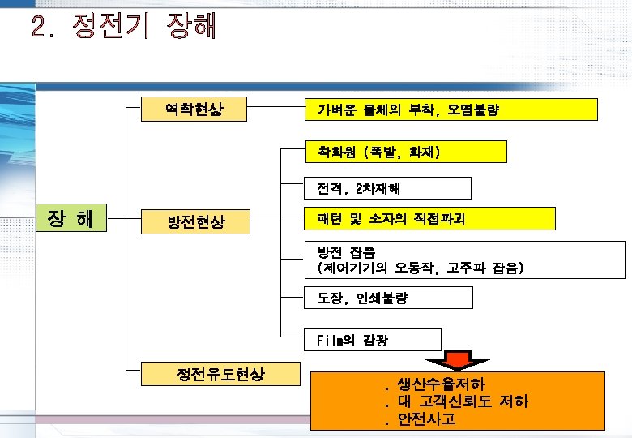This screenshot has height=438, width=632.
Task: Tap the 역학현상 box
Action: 194,109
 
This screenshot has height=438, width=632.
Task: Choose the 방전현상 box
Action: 194,220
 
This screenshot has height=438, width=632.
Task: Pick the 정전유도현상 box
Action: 220,374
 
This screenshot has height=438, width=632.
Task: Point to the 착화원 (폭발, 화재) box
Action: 405,152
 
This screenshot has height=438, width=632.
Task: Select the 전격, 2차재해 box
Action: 387,189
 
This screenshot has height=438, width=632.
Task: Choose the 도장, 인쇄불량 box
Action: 387,298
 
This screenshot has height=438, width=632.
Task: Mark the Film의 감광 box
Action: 372,340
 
